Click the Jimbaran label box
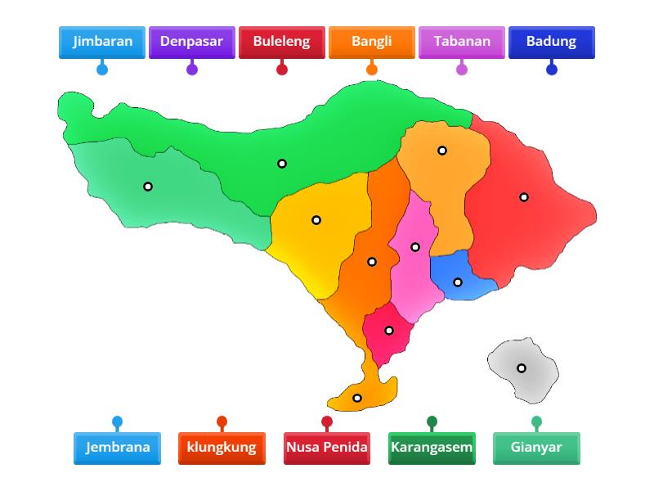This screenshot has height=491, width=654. point(102,42)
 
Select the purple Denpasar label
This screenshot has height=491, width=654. point(192,42)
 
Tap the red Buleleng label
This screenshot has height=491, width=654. point(282,42)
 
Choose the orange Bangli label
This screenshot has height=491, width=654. point(372,42)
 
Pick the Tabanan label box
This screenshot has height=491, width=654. point(462,42)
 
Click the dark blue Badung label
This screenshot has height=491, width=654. point(552,42)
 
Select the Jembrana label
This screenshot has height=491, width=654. point(117,448)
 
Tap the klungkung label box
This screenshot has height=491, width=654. point(222,448)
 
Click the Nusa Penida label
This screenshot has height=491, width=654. point(327,448)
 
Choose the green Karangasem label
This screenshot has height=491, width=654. point(432,448)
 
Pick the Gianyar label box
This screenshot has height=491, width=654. point(536,448)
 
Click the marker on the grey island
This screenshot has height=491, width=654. point(522,368)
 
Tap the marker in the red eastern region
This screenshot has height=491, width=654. point(524,197)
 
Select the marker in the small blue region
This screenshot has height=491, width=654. point(458,282)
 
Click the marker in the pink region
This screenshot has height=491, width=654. point(415,247)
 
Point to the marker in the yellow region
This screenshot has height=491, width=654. point(316,220)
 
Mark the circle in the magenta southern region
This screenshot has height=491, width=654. point(389,331)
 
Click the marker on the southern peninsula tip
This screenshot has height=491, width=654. point(357,399)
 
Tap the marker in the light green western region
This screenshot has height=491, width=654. point(148,187)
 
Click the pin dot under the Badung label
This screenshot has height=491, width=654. point(552,70)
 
